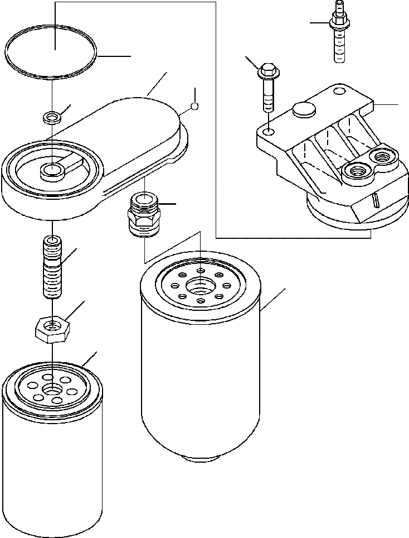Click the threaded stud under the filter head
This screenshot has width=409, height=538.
point(51,267)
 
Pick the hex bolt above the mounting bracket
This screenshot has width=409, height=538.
point(268,89)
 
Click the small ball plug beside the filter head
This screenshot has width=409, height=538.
point(194,106)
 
